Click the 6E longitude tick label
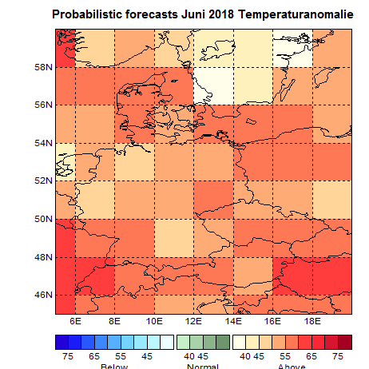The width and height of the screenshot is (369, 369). click(76, 321)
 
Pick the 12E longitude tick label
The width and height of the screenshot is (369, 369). click(194, 321)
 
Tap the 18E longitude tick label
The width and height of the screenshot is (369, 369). click(312, 321)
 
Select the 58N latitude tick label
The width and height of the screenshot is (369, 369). click(42, 66)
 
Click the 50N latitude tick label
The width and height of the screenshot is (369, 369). click(42, 219)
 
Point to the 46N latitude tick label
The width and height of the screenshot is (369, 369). click(42, 296)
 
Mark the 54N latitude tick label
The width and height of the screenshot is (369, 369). click(42, 143)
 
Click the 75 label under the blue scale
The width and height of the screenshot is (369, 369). click(69, 355)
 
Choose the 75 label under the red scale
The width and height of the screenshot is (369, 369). click(338, 355)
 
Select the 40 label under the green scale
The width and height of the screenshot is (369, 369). click(189, 355)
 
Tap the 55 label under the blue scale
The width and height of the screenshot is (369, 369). click(121, 355)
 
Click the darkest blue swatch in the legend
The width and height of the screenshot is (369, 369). click(61, 341)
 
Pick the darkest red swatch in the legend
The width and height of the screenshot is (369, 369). click(344, 341)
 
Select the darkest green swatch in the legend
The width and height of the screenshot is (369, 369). click(223, 341)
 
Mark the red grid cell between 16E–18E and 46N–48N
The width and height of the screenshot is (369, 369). click(293, 276)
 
